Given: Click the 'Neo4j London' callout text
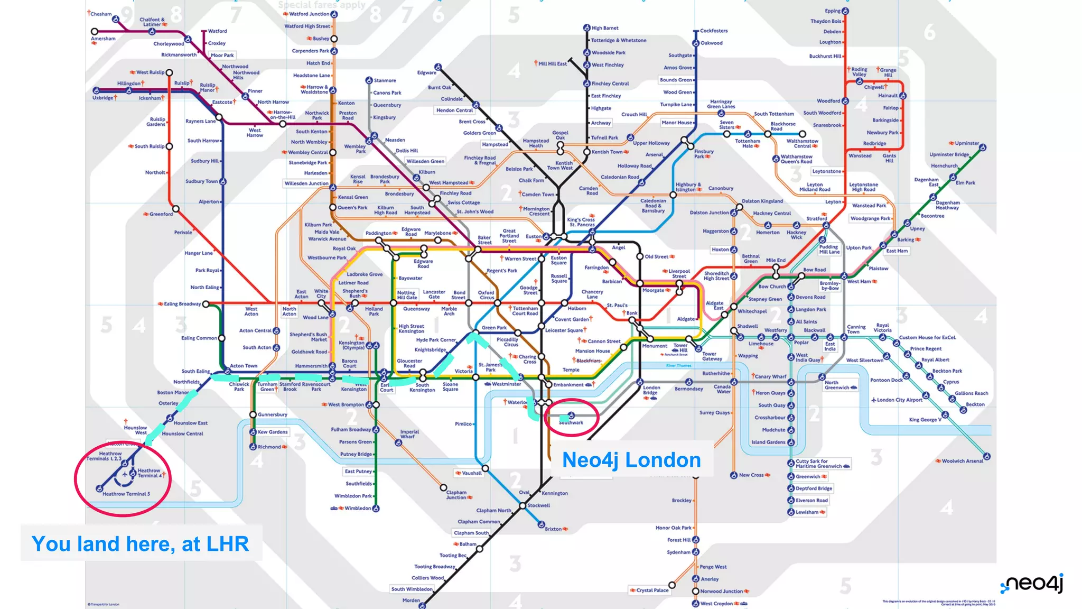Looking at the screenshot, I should [631, 460].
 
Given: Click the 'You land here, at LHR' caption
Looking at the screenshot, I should [140, 544].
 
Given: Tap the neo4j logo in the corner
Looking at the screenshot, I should [1033, 584].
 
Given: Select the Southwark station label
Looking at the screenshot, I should [571, 423].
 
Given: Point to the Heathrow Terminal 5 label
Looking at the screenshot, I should [126, 494].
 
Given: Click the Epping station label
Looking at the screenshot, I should [833, 11].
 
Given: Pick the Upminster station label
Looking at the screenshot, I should [967, 143].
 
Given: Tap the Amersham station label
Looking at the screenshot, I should [103, 39].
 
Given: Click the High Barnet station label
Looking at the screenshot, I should [605, 28].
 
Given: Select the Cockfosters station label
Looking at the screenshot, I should [714, 31].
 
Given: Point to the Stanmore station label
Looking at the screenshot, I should [385, 80].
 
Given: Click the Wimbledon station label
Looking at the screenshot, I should [358, 509].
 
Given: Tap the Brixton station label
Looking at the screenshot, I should [553, 529].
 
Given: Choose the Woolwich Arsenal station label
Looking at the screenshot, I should [962, 461].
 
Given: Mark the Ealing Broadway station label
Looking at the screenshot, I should [182, 304].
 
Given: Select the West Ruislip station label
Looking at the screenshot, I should [150, 72].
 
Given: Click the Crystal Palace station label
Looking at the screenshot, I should [652, 590].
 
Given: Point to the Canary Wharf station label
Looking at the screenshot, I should [770, 377].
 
